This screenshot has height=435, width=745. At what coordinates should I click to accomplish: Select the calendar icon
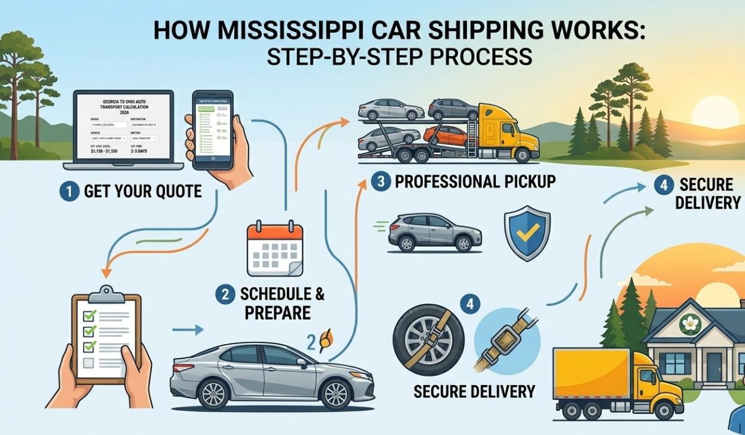(x=274, y=249)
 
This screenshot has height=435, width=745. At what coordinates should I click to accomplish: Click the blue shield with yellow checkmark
(x=526, y=233)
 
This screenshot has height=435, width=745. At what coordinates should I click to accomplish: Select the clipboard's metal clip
(x=106, y=293)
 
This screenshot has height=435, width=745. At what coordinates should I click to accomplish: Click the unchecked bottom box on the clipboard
(x=88, y=362)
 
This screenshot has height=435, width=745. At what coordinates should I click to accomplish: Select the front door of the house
(x=715, y=367)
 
